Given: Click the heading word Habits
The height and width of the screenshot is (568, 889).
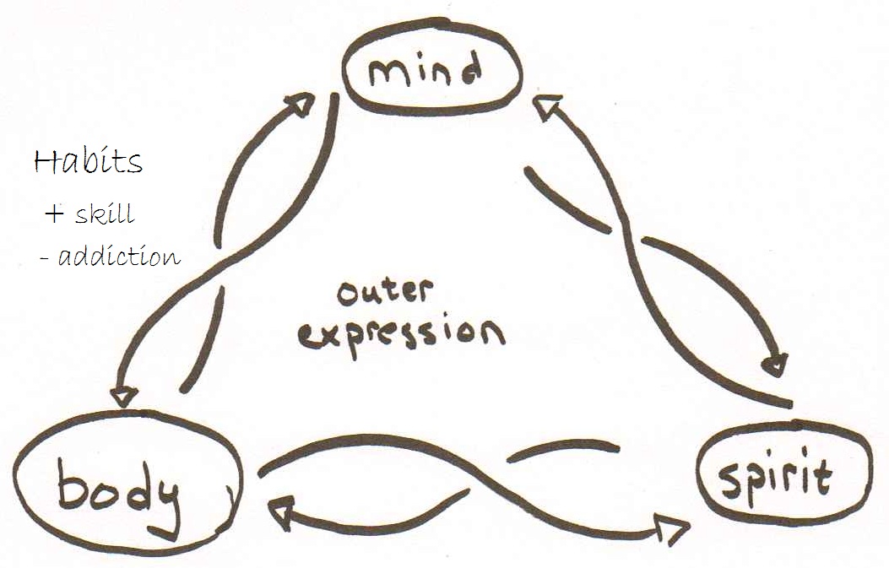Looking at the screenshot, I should pos(87,161).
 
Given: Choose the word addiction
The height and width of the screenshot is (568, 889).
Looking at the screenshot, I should pos(119,256).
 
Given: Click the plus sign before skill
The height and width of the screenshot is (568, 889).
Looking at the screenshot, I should pos(54,214).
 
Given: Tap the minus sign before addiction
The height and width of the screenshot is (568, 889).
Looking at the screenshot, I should pos(43,257).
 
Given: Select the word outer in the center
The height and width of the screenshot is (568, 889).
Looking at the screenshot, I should pos(384,292).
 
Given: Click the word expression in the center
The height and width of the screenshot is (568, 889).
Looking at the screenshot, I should pos(401,332).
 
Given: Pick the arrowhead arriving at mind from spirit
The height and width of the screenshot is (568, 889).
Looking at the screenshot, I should pos(549,106).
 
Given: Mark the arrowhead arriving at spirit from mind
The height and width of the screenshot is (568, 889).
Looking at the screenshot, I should pos(774,366).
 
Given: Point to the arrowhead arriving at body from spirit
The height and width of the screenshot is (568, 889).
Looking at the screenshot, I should pos(280,509).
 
